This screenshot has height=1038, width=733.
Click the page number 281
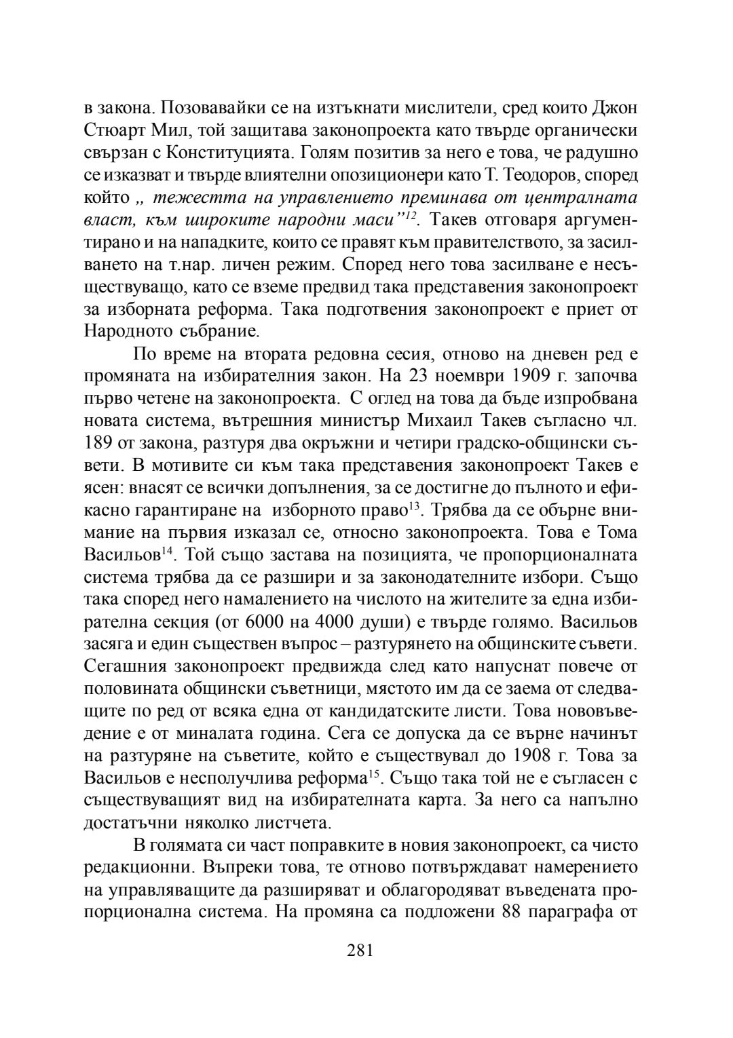point(360,950)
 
